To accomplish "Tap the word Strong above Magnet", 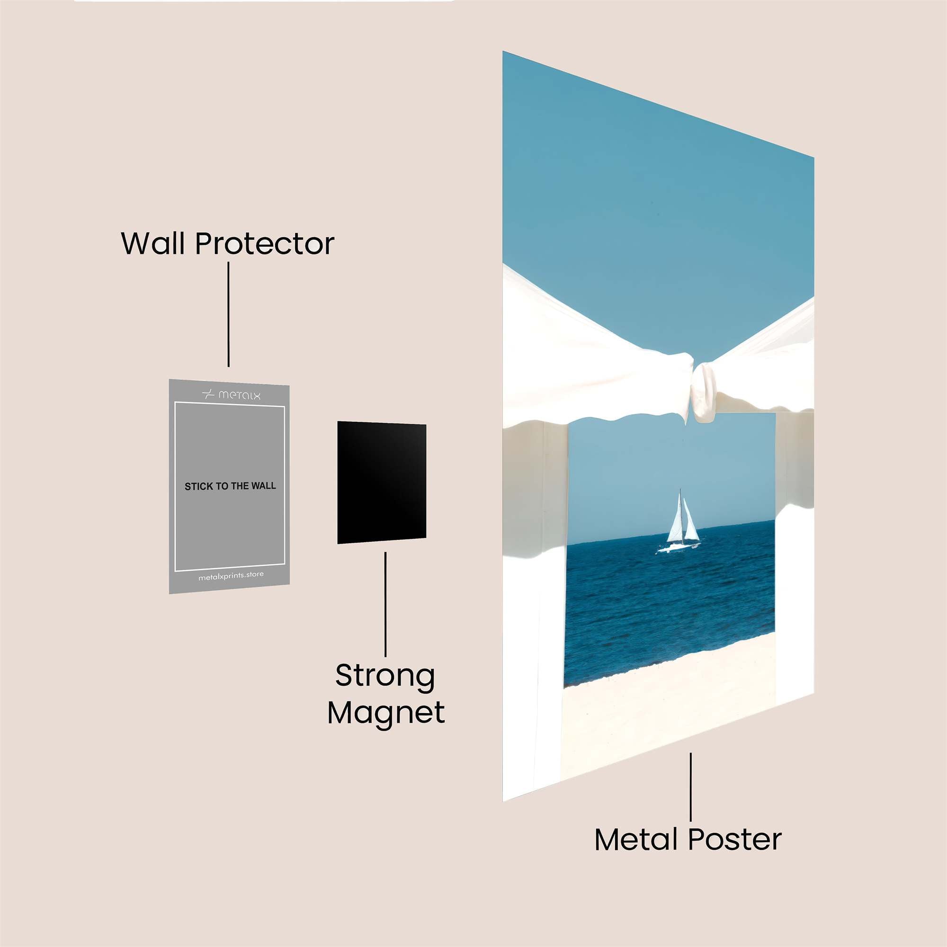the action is pyautogui.click(x=385, y=677).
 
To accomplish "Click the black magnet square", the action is pyautogui.click(x=381, y=482).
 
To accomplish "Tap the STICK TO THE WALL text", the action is pyautogui.click(x=231, y=486).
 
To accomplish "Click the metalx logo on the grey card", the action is pyautogui.click(x=232, y=394).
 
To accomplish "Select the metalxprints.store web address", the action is pyautogui.click(x=231, y=576).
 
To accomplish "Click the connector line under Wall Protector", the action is pyautogui.click(x=228, y=314).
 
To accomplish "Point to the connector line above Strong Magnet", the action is pyautogui.click(x=385, y=604).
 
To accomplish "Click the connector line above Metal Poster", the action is pyautogui.click(x=691, y=786).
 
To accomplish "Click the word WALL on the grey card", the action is pyautogui.click(x=264, y=486).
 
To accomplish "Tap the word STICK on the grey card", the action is pyautogui.click(x=199, y=487).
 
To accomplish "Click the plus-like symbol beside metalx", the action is pyautogui.click(x=208, y=394).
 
